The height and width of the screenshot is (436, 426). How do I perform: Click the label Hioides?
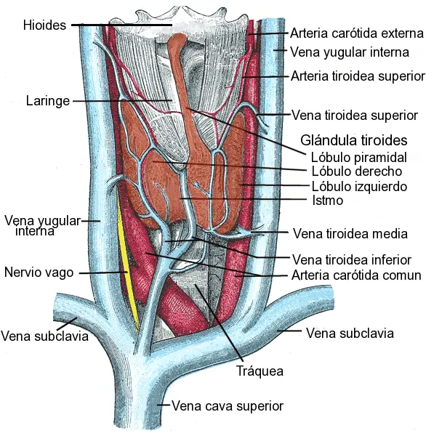coord(44,25)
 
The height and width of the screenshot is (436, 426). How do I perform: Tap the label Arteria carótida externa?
coord(356,33)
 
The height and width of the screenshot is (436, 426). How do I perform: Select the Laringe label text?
coord(47,101)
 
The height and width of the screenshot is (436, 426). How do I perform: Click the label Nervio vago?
coord(39,273)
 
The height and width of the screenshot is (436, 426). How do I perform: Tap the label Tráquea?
coord(260,371)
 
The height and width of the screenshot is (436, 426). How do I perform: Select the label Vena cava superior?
coord(227,405)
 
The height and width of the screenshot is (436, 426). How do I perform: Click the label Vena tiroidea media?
coord(349,234)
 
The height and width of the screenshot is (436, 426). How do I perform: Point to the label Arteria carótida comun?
coord(356,275)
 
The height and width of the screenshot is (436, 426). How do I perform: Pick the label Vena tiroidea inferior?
coord(351,259)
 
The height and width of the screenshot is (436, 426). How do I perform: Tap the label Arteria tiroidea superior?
coord(357,76)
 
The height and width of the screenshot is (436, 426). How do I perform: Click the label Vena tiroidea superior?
coord(354,115)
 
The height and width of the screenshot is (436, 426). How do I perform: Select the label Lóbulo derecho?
coord(346,171)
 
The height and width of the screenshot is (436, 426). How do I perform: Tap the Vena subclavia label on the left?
coord(44,336)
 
